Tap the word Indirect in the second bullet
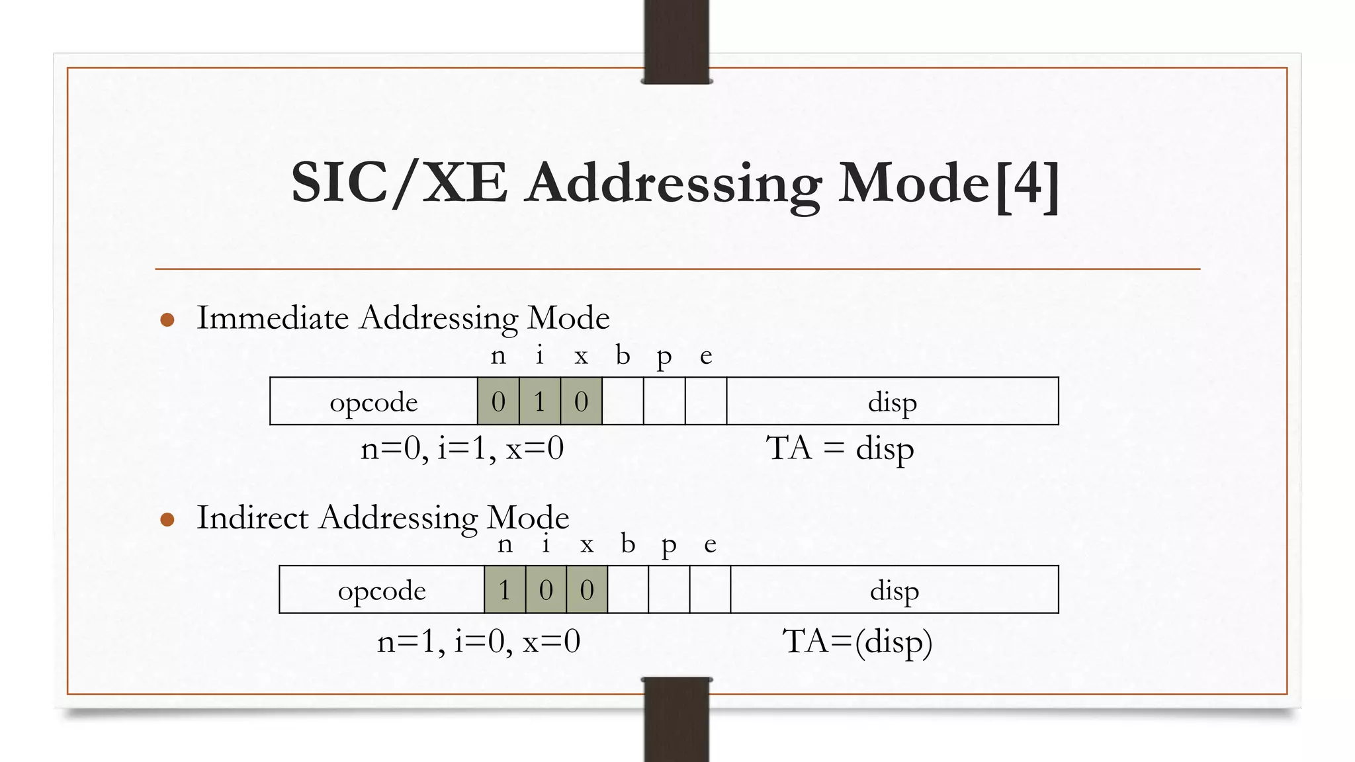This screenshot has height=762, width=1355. click(x=253, y=517)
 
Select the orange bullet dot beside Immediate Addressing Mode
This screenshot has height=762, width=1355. click(x=167, y=320)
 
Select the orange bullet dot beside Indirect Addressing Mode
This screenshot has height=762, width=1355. click(x=167, y=520)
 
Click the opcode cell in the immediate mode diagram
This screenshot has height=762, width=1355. click(x=374, y=402)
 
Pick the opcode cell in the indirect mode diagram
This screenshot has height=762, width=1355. click(x=382, y=590)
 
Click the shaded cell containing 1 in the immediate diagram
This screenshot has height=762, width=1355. click(x=540, y=402)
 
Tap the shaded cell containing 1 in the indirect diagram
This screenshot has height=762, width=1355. click(x=505, y=590)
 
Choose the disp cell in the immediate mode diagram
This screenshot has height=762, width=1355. click(x=893, y=402)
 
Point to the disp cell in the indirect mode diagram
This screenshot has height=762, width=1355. click(x=895, y=590)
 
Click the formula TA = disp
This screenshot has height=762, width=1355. click(x=840, y=449)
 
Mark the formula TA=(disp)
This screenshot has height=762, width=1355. click(x=857, y=642)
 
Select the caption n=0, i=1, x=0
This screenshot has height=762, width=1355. click(x=462, y=449)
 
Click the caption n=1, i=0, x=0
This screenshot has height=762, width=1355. click(x=478, y=642)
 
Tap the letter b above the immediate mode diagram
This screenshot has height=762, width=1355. click(x=623, y=356)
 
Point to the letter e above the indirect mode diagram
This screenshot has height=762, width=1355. click(x=710, y=545)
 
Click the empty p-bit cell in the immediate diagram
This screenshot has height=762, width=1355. click(x=664, y=402)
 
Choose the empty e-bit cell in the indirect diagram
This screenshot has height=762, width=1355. click(x=710, y=590)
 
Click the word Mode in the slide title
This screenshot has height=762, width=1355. click(x=914, y=184)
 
